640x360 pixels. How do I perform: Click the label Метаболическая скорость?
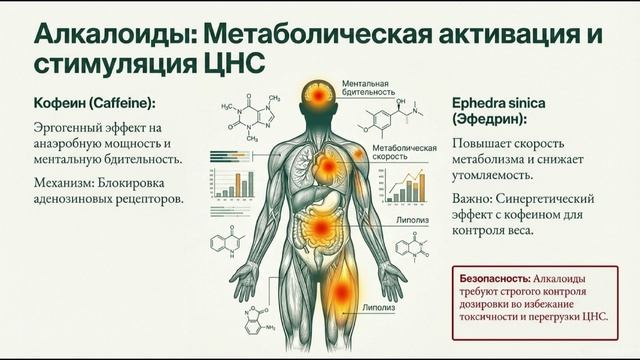coord(404,152)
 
